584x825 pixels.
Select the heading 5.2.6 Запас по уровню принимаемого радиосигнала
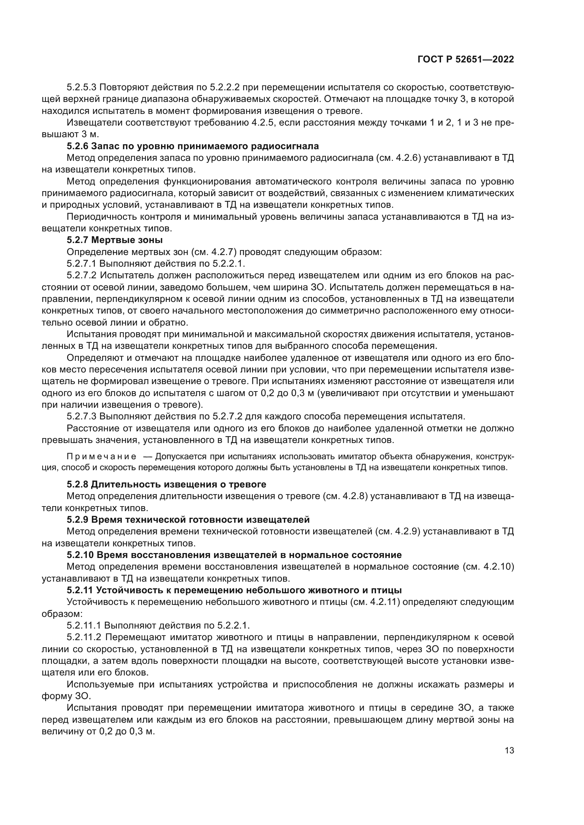193,146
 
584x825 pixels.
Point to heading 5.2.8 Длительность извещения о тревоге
167,484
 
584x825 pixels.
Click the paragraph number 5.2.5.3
82,87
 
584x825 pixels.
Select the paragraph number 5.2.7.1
82,264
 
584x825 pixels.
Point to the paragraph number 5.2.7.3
82,417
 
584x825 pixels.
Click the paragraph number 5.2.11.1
84,626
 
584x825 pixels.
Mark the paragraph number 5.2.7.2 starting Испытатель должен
82,275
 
